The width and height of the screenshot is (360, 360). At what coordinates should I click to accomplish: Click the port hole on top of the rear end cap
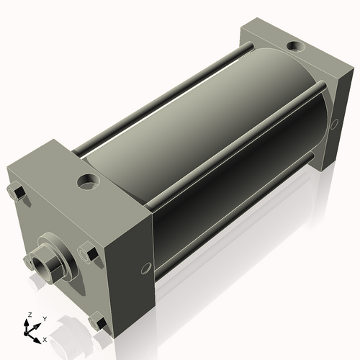pos(295,48)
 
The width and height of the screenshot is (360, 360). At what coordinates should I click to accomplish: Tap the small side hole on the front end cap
pos(146,268)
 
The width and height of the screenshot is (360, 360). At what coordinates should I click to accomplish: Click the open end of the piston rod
pos(38,261)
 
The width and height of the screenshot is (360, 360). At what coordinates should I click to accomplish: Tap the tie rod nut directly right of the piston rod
pos(88,253)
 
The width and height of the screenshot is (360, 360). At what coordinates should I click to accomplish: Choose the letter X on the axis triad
pos(45,338)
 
